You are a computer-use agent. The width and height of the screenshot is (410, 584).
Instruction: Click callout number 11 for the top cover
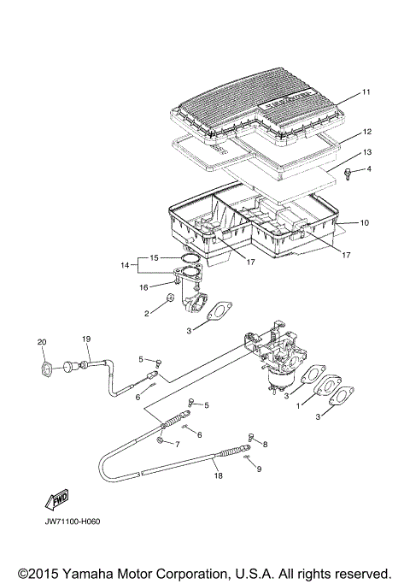pyautogui.click(x=366, y=91)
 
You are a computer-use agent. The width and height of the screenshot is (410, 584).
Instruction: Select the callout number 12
pyautogui.click(x=366, y=133)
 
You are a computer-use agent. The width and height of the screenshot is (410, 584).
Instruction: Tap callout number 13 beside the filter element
pyautogui.click(x=366, y=151)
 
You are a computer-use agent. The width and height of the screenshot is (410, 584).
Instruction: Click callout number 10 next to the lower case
pyautogui.click(x=364, y=222)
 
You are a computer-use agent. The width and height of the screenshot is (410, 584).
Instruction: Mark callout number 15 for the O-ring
pyautogui.click(x=154, y=257)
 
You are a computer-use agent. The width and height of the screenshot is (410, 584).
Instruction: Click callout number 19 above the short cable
pyautogui.click(x=85, y=339)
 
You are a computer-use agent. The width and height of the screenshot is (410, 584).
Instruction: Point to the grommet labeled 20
pyautogui.click(x=40, y=368)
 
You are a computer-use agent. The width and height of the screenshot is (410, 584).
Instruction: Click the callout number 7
pyautogui.click(x=177, y=445)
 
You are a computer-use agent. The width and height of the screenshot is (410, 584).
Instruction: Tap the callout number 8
pyautogui.click(x=265, y=445)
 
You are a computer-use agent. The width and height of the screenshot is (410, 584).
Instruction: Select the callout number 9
pyautogui.click(x=260, y=469)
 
